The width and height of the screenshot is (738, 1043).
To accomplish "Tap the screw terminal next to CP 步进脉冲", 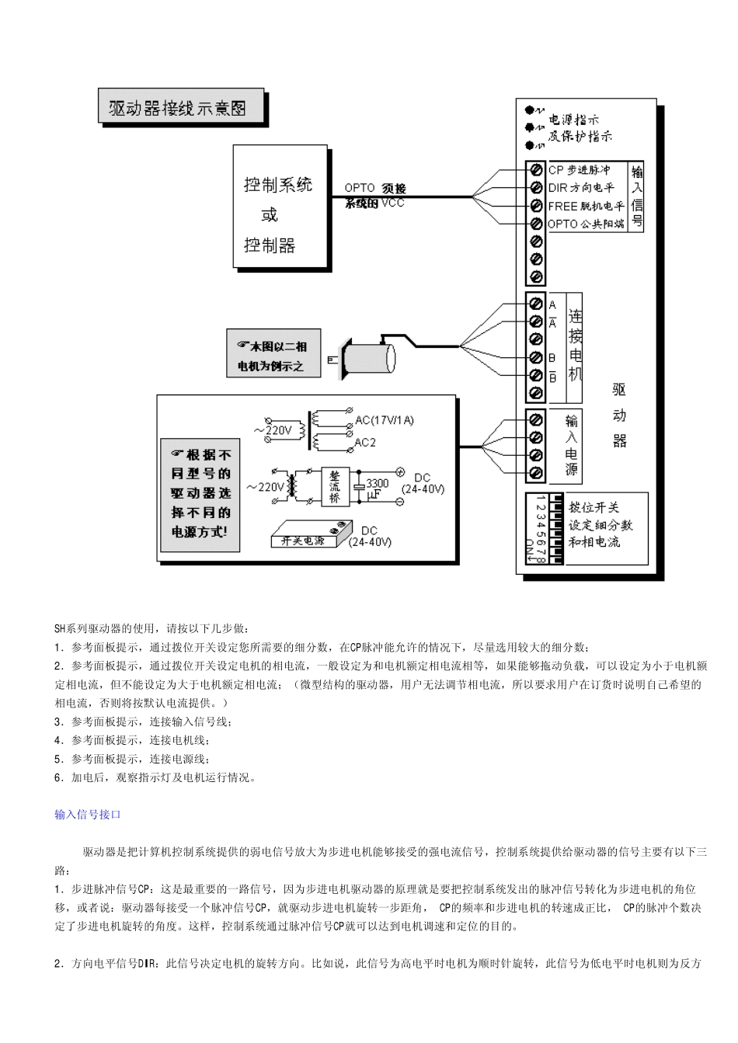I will coord(535,169).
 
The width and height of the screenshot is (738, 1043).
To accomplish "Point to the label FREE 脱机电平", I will coord(586,206).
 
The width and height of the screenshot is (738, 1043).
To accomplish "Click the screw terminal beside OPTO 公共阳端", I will coord(535,224).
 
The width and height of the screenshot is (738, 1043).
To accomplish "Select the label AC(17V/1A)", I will coord(385,421).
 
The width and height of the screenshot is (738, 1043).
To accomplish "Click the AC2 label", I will coord(365,443).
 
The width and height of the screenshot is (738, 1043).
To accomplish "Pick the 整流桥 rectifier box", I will coord(335,487).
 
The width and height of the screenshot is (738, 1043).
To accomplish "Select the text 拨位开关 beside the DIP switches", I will coord(594,507).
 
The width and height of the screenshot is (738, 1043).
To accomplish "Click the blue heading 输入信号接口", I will coord(88,815).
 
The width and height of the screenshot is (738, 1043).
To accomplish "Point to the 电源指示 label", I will coord(574,120).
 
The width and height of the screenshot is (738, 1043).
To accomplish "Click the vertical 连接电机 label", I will coord(575,345).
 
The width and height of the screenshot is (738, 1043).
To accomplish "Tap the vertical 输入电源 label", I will coord(572,444).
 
